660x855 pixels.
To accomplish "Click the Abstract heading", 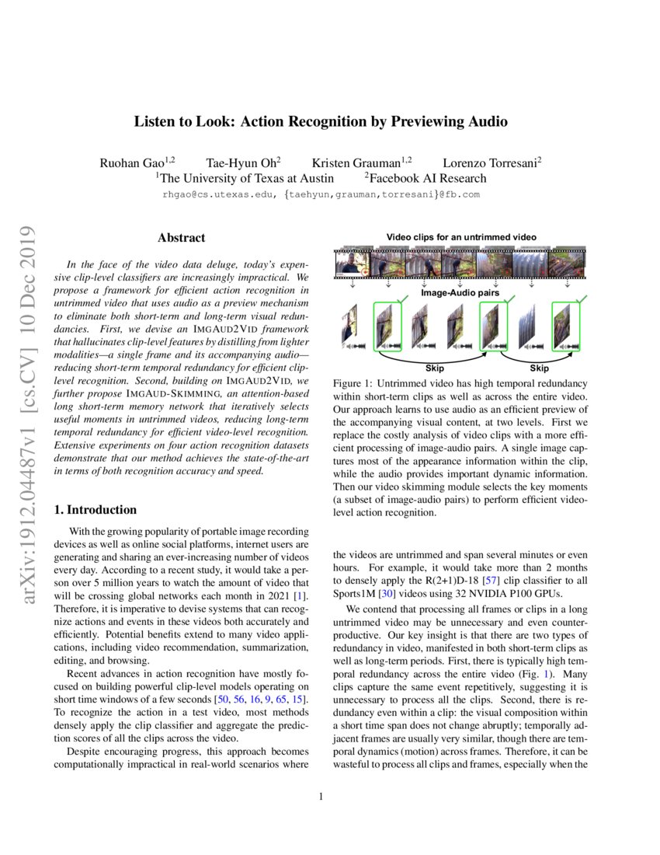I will click(x=182, y=238).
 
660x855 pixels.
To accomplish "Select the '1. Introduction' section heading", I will click(x=96, y=510).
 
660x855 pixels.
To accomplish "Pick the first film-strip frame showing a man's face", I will click(x=350, y=264).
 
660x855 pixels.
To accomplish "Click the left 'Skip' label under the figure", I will click(x=435, y=368).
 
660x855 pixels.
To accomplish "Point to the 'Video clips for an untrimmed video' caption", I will click(x=461, y=236).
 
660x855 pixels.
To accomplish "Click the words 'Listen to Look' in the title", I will click(x=183, y=122).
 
